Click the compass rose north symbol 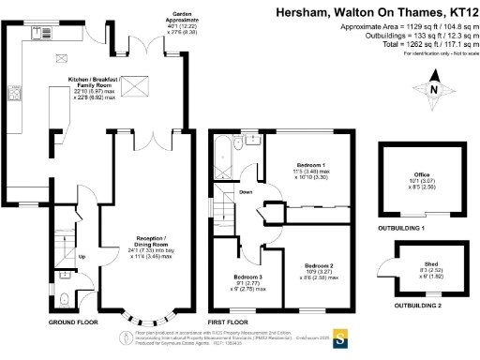click(x=433, y=91)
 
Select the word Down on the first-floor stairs click(x=246, y=192)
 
